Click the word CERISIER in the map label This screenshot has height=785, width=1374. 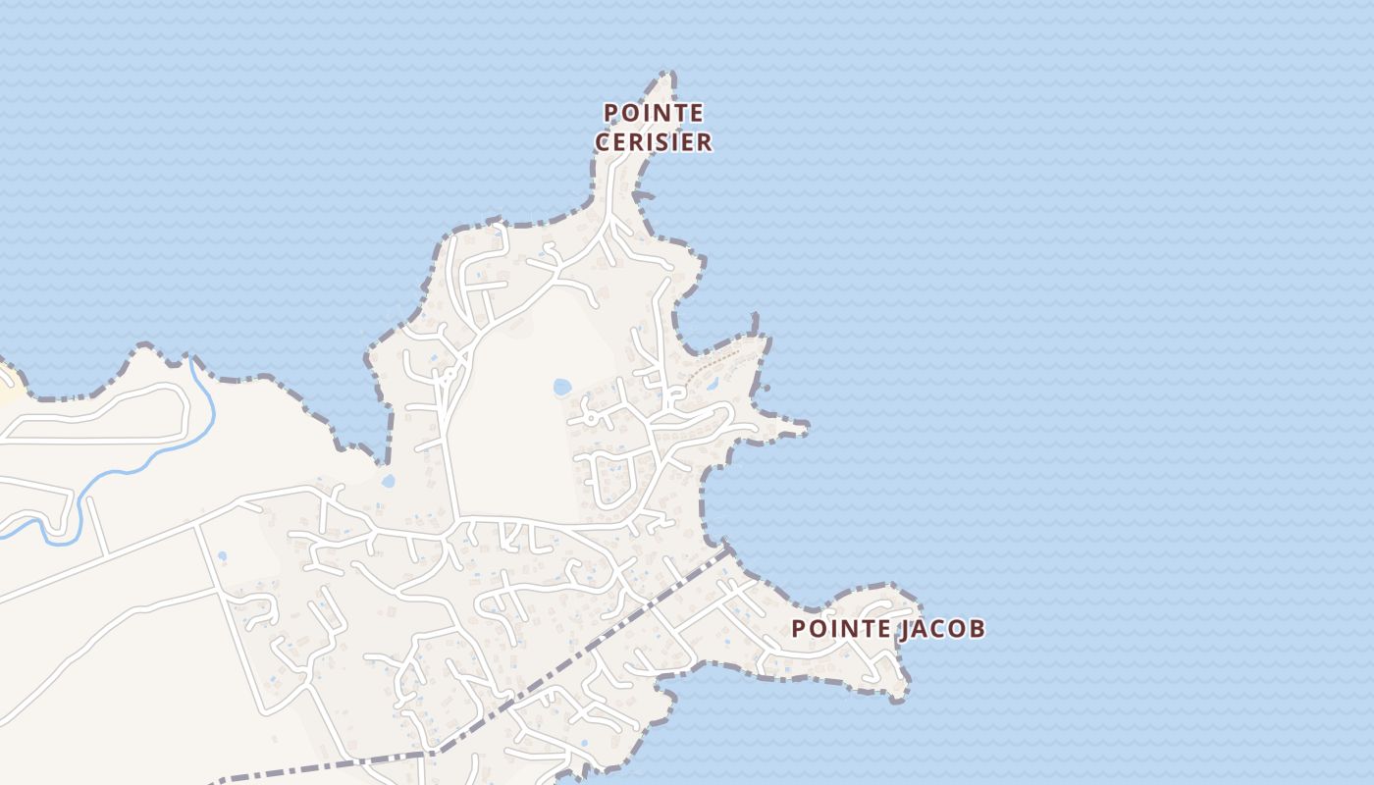tap(654, 142)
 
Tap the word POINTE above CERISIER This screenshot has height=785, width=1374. tap(654, 113)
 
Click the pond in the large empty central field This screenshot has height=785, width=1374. tap(562, 387)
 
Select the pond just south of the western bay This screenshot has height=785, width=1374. tap(388, 482)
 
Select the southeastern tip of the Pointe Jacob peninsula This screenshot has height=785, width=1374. tap(901, 696)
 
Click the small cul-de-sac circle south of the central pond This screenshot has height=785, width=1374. tap(591, 417)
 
